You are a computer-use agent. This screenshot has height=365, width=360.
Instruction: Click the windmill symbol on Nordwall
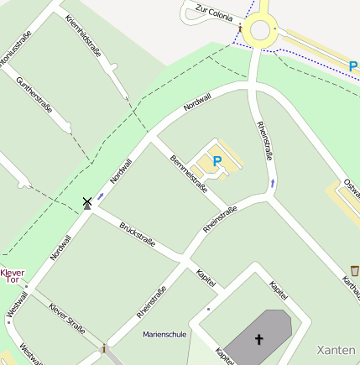[x=86, y=202]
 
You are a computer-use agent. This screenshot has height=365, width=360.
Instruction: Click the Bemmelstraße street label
[x=188, y=171]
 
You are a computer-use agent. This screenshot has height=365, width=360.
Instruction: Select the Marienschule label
[x=164, y=334]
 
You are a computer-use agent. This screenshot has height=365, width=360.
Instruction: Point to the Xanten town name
[x=337, y=348]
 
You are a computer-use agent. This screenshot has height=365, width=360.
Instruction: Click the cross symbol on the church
[x=259, y=340]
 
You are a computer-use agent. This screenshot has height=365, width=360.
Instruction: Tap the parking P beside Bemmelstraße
[x=217, y=160]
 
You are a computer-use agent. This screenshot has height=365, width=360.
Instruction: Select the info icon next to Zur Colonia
[x=241, y=28]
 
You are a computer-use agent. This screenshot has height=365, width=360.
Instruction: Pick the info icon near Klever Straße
[x=103, y=347]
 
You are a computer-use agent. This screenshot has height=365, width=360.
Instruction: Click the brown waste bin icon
[x=355, y=270]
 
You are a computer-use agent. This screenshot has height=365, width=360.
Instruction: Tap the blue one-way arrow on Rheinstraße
[x=273, y=181]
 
